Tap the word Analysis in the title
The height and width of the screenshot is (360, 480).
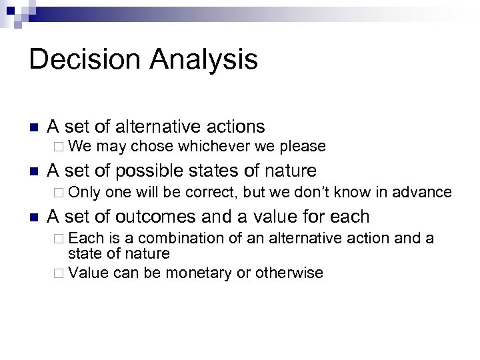tap(203, 59)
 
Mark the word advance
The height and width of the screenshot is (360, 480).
tap(423, 193)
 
